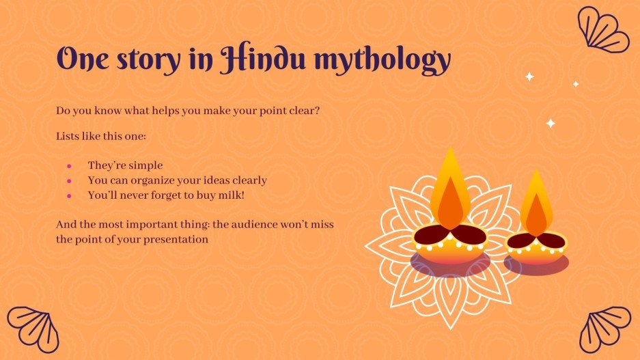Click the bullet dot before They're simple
69,166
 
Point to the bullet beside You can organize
69,181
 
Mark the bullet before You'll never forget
69,196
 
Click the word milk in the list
230,195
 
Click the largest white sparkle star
551,124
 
